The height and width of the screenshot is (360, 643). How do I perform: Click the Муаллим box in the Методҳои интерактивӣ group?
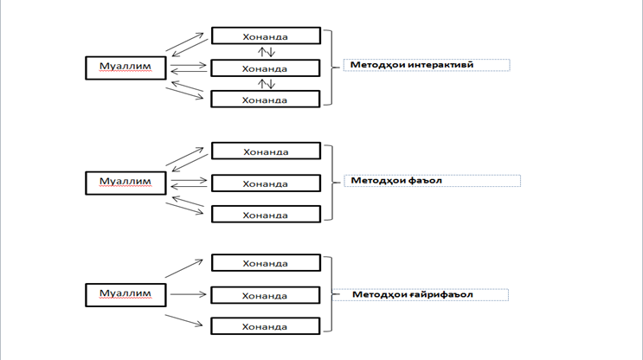(125, 67)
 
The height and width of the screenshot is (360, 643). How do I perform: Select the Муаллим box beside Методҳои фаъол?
(125, 182)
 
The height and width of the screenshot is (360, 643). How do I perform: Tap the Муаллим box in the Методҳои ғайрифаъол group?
(125, 294)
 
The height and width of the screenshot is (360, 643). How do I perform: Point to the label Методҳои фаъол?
(386, 181)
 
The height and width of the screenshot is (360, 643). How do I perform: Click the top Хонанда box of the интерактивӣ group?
(266, 37)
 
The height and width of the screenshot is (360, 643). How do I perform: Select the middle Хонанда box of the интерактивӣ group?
(266, 68)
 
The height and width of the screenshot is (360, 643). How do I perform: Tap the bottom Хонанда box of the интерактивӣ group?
(266, 99)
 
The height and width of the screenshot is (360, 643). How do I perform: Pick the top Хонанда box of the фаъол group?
(266, 151)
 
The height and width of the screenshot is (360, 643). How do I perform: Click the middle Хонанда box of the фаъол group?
(266, 183)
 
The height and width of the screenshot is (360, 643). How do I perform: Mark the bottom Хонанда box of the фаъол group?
(266, 214)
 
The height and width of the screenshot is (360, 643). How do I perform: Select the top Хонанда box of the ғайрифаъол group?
(266, 263)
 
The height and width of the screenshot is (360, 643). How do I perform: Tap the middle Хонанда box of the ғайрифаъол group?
(266, 295)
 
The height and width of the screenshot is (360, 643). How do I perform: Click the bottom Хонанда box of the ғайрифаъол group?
(266, 326)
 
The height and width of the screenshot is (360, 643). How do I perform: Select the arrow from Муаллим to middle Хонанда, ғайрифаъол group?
(185, 294)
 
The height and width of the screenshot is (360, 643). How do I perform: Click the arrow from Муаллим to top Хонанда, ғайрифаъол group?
(184, 267)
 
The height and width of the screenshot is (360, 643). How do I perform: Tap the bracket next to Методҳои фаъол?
(331, 183)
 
